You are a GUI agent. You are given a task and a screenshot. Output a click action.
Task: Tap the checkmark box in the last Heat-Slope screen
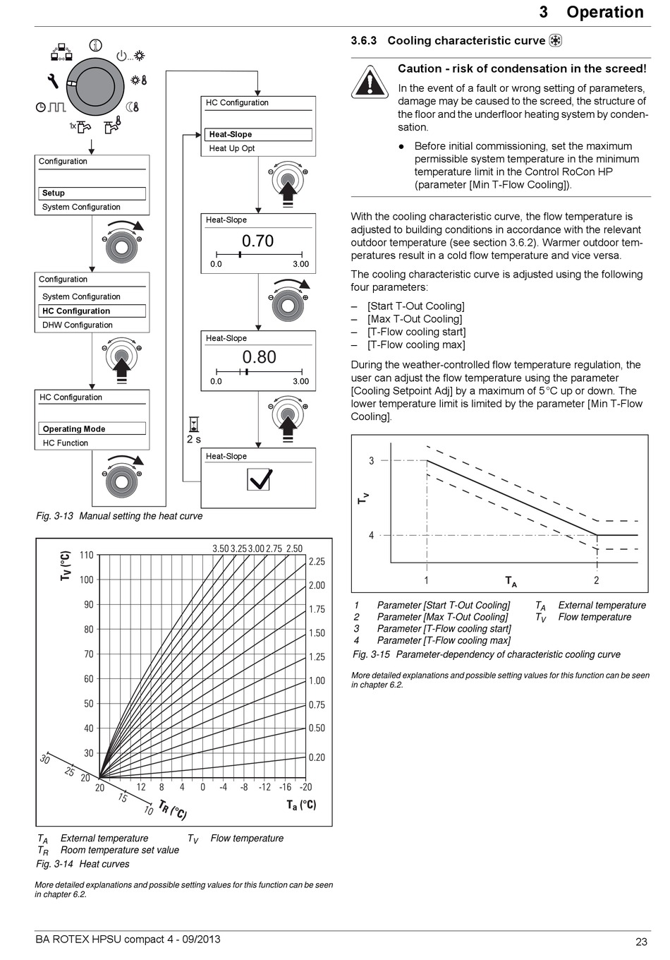260,479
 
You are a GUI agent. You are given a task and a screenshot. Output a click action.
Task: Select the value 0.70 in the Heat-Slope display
257,241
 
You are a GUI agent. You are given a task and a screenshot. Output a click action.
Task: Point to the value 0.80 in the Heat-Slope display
259,358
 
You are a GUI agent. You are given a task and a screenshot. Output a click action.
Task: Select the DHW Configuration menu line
78,325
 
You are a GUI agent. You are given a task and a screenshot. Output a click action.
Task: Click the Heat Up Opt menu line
232,149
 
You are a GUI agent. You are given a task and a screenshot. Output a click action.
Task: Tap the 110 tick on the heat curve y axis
86,556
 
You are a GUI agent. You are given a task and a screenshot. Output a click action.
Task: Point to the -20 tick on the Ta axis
305,787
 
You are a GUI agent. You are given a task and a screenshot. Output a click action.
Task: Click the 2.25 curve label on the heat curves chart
317,562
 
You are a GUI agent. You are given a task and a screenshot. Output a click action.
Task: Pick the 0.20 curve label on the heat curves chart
317,757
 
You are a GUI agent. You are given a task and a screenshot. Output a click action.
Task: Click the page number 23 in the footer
641,942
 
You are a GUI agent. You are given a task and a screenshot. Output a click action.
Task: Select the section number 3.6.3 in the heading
364,41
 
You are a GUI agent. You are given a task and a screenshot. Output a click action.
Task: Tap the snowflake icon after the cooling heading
556,41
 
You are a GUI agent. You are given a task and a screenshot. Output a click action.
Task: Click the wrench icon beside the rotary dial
52,81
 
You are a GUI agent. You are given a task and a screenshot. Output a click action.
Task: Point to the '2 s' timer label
194,439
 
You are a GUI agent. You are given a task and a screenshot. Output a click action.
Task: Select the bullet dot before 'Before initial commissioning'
401,147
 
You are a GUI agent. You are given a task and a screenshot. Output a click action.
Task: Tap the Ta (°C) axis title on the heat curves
301,805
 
